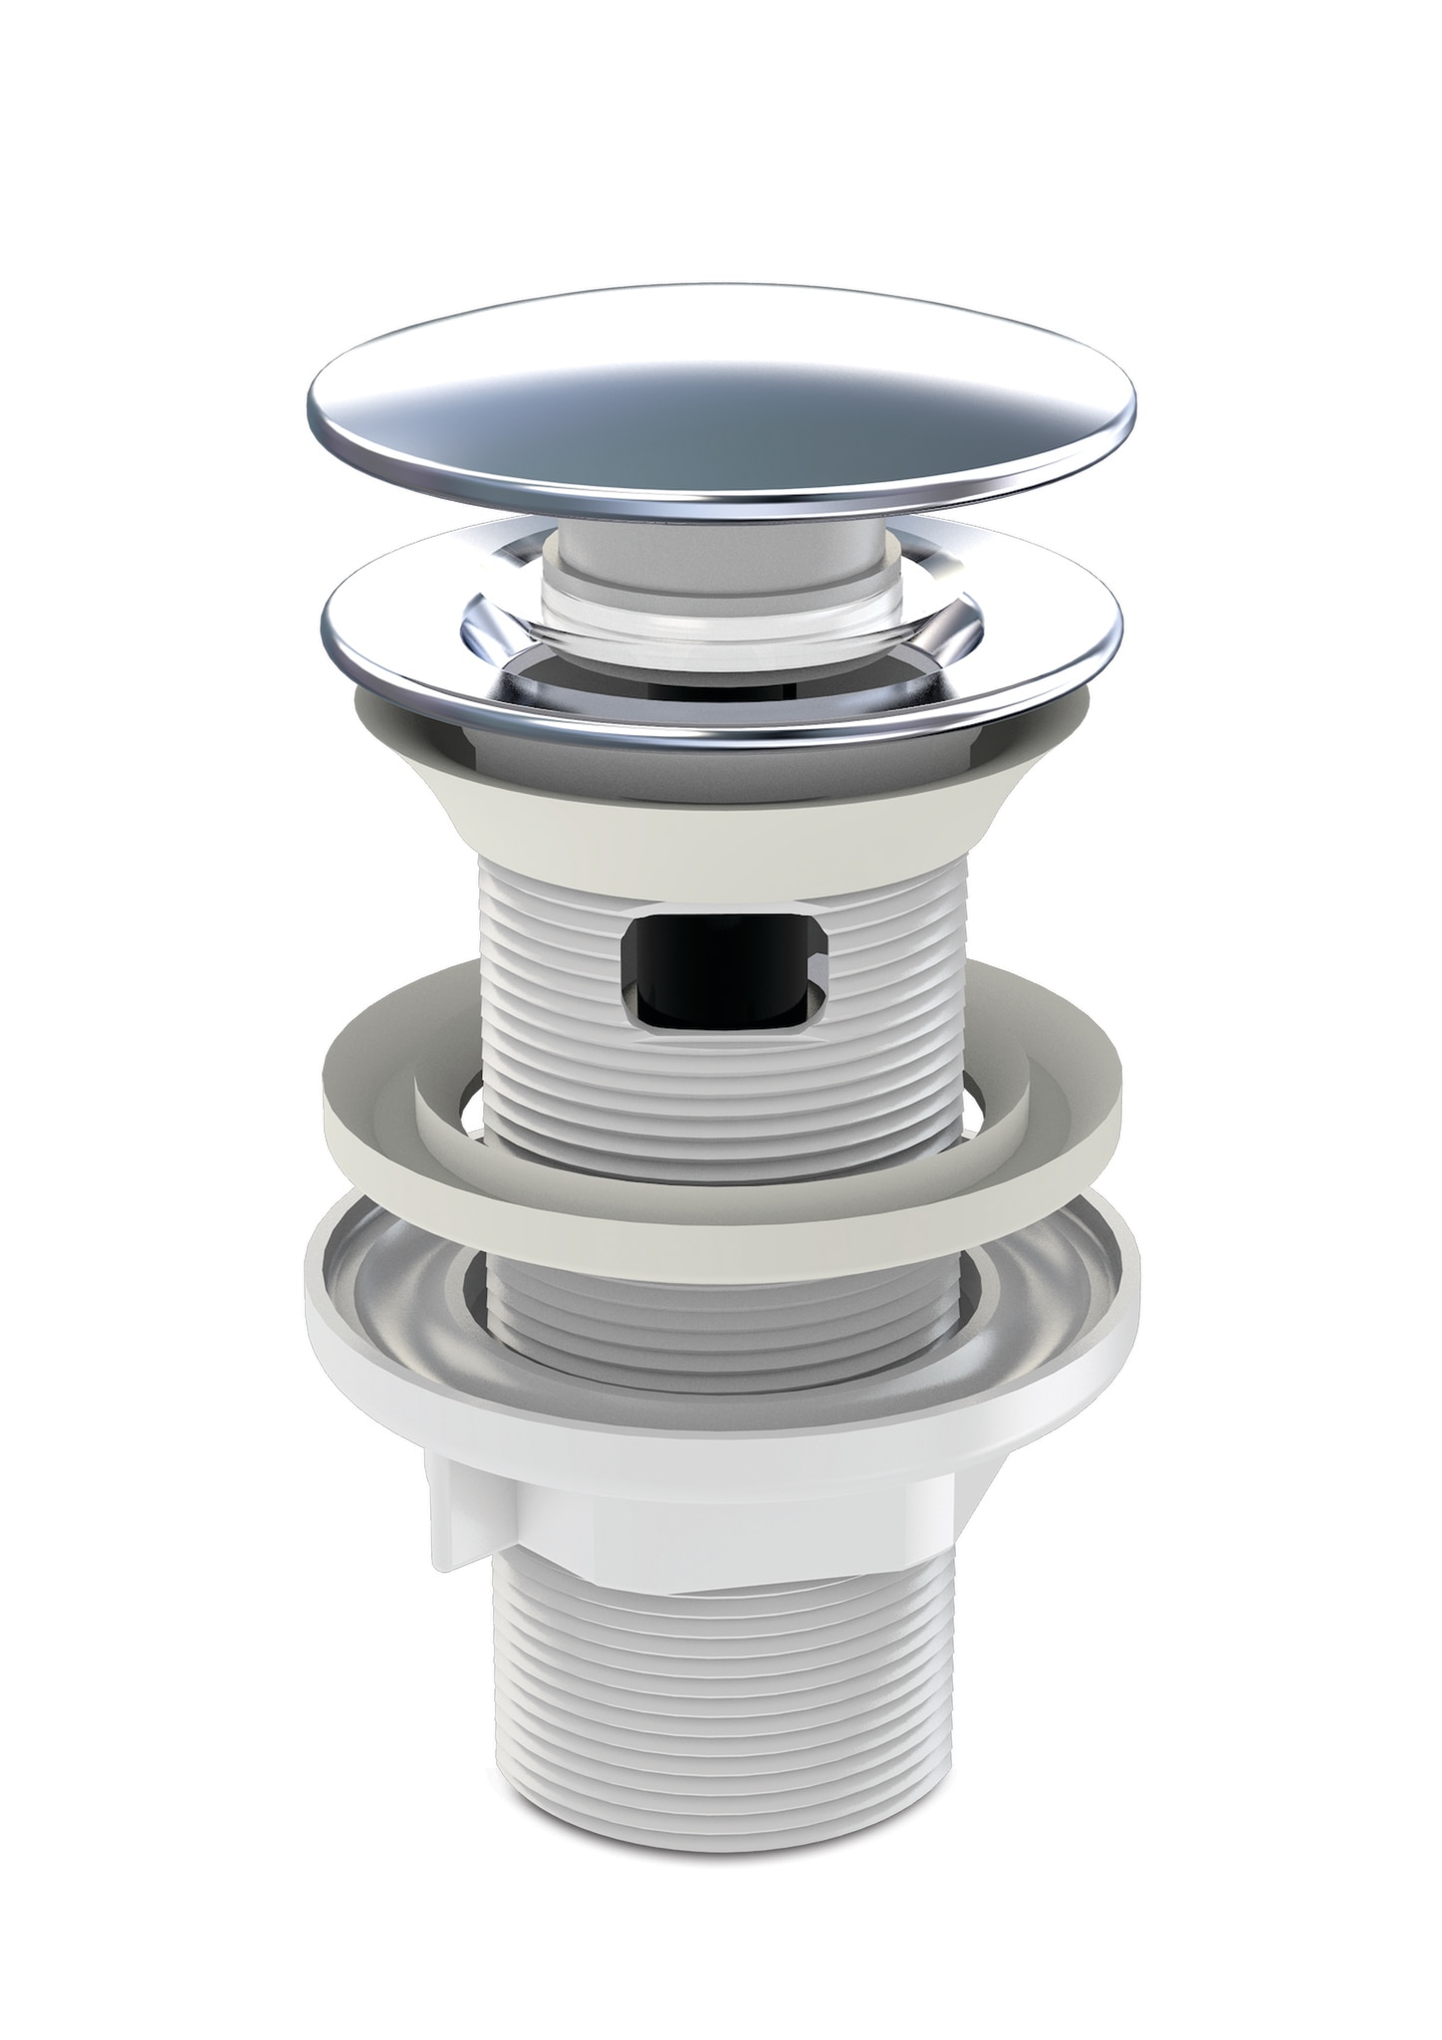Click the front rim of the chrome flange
[724, 732]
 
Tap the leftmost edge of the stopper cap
[311, 398]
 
